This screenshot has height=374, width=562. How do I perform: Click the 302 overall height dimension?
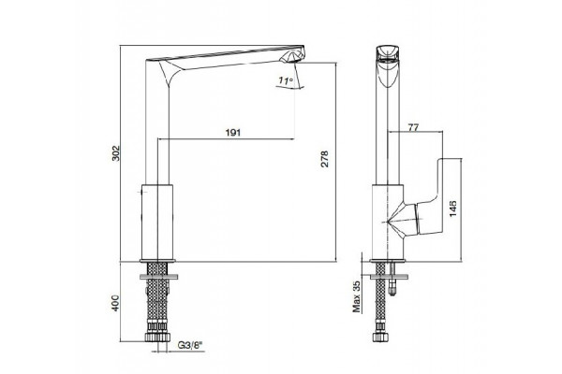(x=115, y=152)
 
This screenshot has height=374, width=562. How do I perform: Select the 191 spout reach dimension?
(x=233, y=133)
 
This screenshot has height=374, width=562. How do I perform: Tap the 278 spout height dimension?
(x=324, y=159)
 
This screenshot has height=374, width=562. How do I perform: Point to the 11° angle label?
(x=286, y=81)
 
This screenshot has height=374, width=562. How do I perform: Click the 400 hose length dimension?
(x=115, y=303)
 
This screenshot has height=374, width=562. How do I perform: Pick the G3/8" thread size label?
(x=190, y=345)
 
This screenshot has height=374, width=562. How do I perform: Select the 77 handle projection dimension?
(x=413, y=127)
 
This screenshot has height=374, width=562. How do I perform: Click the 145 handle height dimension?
(x=453, y=209)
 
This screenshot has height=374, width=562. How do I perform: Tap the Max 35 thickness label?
(x=357, y=295)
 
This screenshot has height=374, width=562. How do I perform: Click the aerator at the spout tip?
(x=293, y=57)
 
